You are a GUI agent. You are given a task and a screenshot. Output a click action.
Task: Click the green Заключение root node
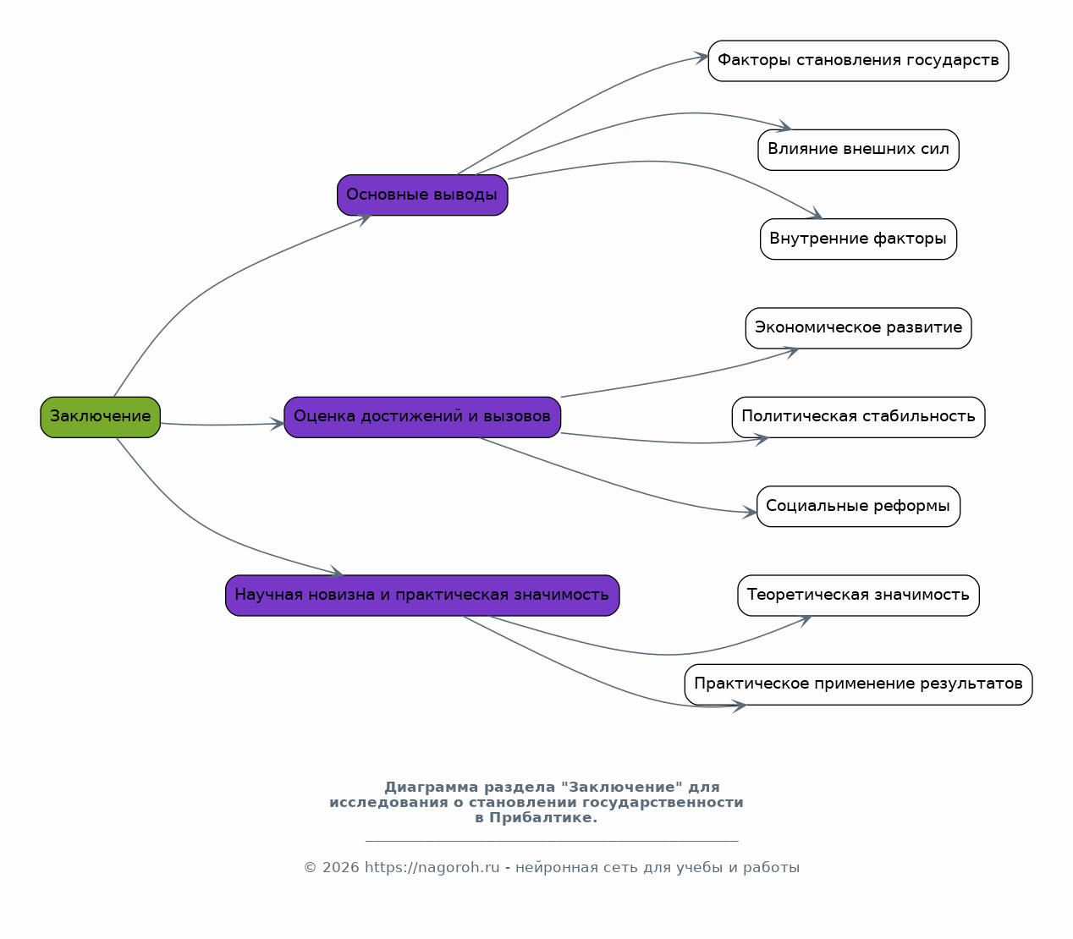[x=100, y=417]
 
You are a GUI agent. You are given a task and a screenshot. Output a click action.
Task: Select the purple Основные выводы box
[x=422, y=195]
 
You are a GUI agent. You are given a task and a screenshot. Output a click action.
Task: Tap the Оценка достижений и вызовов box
[x=422, y=417]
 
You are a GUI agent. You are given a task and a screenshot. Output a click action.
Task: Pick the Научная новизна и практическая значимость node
[x=422, y=595]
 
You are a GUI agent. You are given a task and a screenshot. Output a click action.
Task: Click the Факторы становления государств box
[x=858, y=61]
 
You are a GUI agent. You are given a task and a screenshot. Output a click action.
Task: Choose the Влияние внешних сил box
[x=858, y=150]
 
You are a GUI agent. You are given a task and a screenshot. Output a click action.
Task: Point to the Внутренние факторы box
[x=858, y=239]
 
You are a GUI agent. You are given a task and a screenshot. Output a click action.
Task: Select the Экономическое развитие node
[x=858, y=328]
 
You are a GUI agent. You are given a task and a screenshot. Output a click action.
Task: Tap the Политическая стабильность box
[x=858, y=417]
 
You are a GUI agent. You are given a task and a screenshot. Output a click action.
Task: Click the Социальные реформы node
[x=858, y=506]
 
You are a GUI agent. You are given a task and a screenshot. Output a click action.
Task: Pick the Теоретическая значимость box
[x=858, y=595]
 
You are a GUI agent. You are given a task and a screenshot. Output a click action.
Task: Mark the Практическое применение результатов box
[x=858, y=684]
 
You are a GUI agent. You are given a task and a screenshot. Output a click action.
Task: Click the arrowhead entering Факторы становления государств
[x=702, y=58]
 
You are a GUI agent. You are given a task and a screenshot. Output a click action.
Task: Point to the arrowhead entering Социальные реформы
[x=750, y=513]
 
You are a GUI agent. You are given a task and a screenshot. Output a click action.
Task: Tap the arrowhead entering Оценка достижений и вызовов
[x=277, y=424]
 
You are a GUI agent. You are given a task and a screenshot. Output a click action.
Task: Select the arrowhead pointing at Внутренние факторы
[x=815, y=213]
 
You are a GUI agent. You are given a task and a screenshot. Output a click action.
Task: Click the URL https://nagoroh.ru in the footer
[x=432, y=868]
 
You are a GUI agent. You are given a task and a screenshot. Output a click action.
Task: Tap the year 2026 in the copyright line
[x=341, y=868]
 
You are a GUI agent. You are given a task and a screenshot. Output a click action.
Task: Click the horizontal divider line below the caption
[x=552, y=841]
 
